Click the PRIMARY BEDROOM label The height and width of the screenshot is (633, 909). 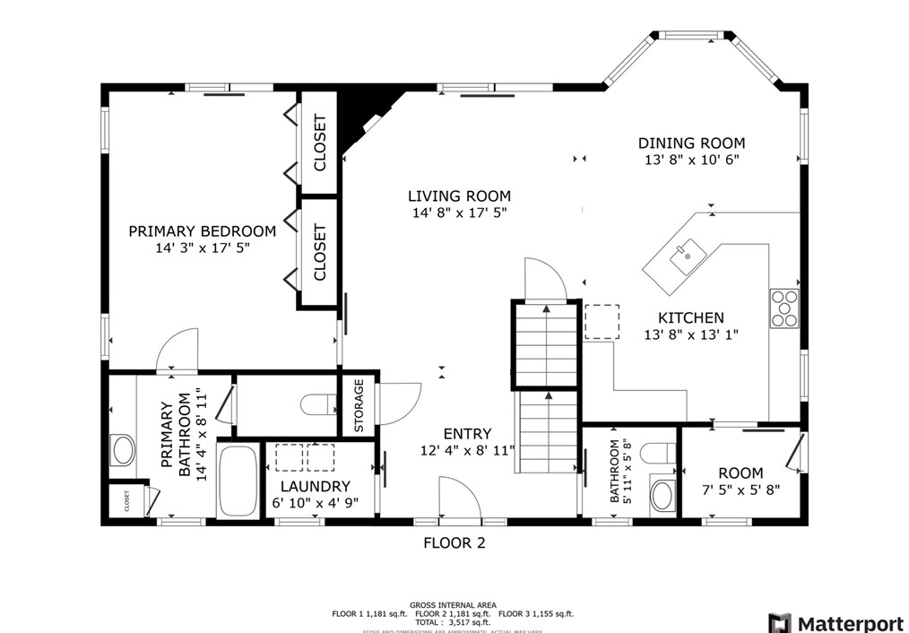[x=202, y=230]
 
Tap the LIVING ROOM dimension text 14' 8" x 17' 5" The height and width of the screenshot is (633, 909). [x=459, y=213]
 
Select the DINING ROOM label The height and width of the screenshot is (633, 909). [x=691, y=143]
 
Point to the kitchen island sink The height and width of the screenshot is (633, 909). [x=687, y=250]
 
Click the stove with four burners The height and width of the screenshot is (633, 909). [x=783, y=308]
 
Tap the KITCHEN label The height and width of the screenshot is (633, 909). [x=690, y=317]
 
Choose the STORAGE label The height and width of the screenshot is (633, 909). [x=359, y=406]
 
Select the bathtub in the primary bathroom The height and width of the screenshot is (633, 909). [x=238, y=481]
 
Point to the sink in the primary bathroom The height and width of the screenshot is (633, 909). [x=122, y=449]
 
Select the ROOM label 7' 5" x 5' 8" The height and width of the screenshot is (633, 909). [x=740, y=473]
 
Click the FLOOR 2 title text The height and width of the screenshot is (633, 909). [x=454, y=542]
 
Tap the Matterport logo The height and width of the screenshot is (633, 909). [x=835, y=622]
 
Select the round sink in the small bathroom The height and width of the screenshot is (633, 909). [x=662, y=495]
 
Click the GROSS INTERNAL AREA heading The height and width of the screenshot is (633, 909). [x=453, y=605]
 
